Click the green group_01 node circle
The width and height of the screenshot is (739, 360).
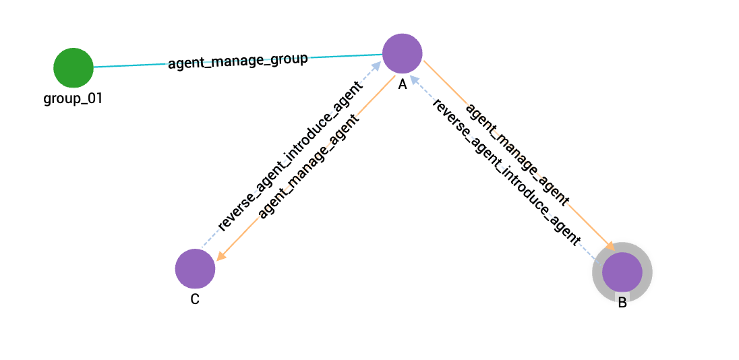pos(73,67)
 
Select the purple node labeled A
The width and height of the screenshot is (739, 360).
pos(402,53)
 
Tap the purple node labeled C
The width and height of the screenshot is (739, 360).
pos(195,268)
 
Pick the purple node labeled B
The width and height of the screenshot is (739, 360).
pos(622,272)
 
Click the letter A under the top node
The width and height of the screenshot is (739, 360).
pos(402,84)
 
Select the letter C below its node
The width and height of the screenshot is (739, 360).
pos(194,299)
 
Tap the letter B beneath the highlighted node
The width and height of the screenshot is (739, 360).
pos(622,303)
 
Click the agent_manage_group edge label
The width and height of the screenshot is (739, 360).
pos(237,61)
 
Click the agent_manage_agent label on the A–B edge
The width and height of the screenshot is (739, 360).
pos(518,154)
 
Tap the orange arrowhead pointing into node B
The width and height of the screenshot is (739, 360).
pos(610,247)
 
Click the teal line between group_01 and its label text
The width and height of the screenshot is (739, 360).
pos(128,65)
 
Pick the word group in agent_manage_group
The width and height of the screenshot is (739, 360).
pos(285,59)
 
